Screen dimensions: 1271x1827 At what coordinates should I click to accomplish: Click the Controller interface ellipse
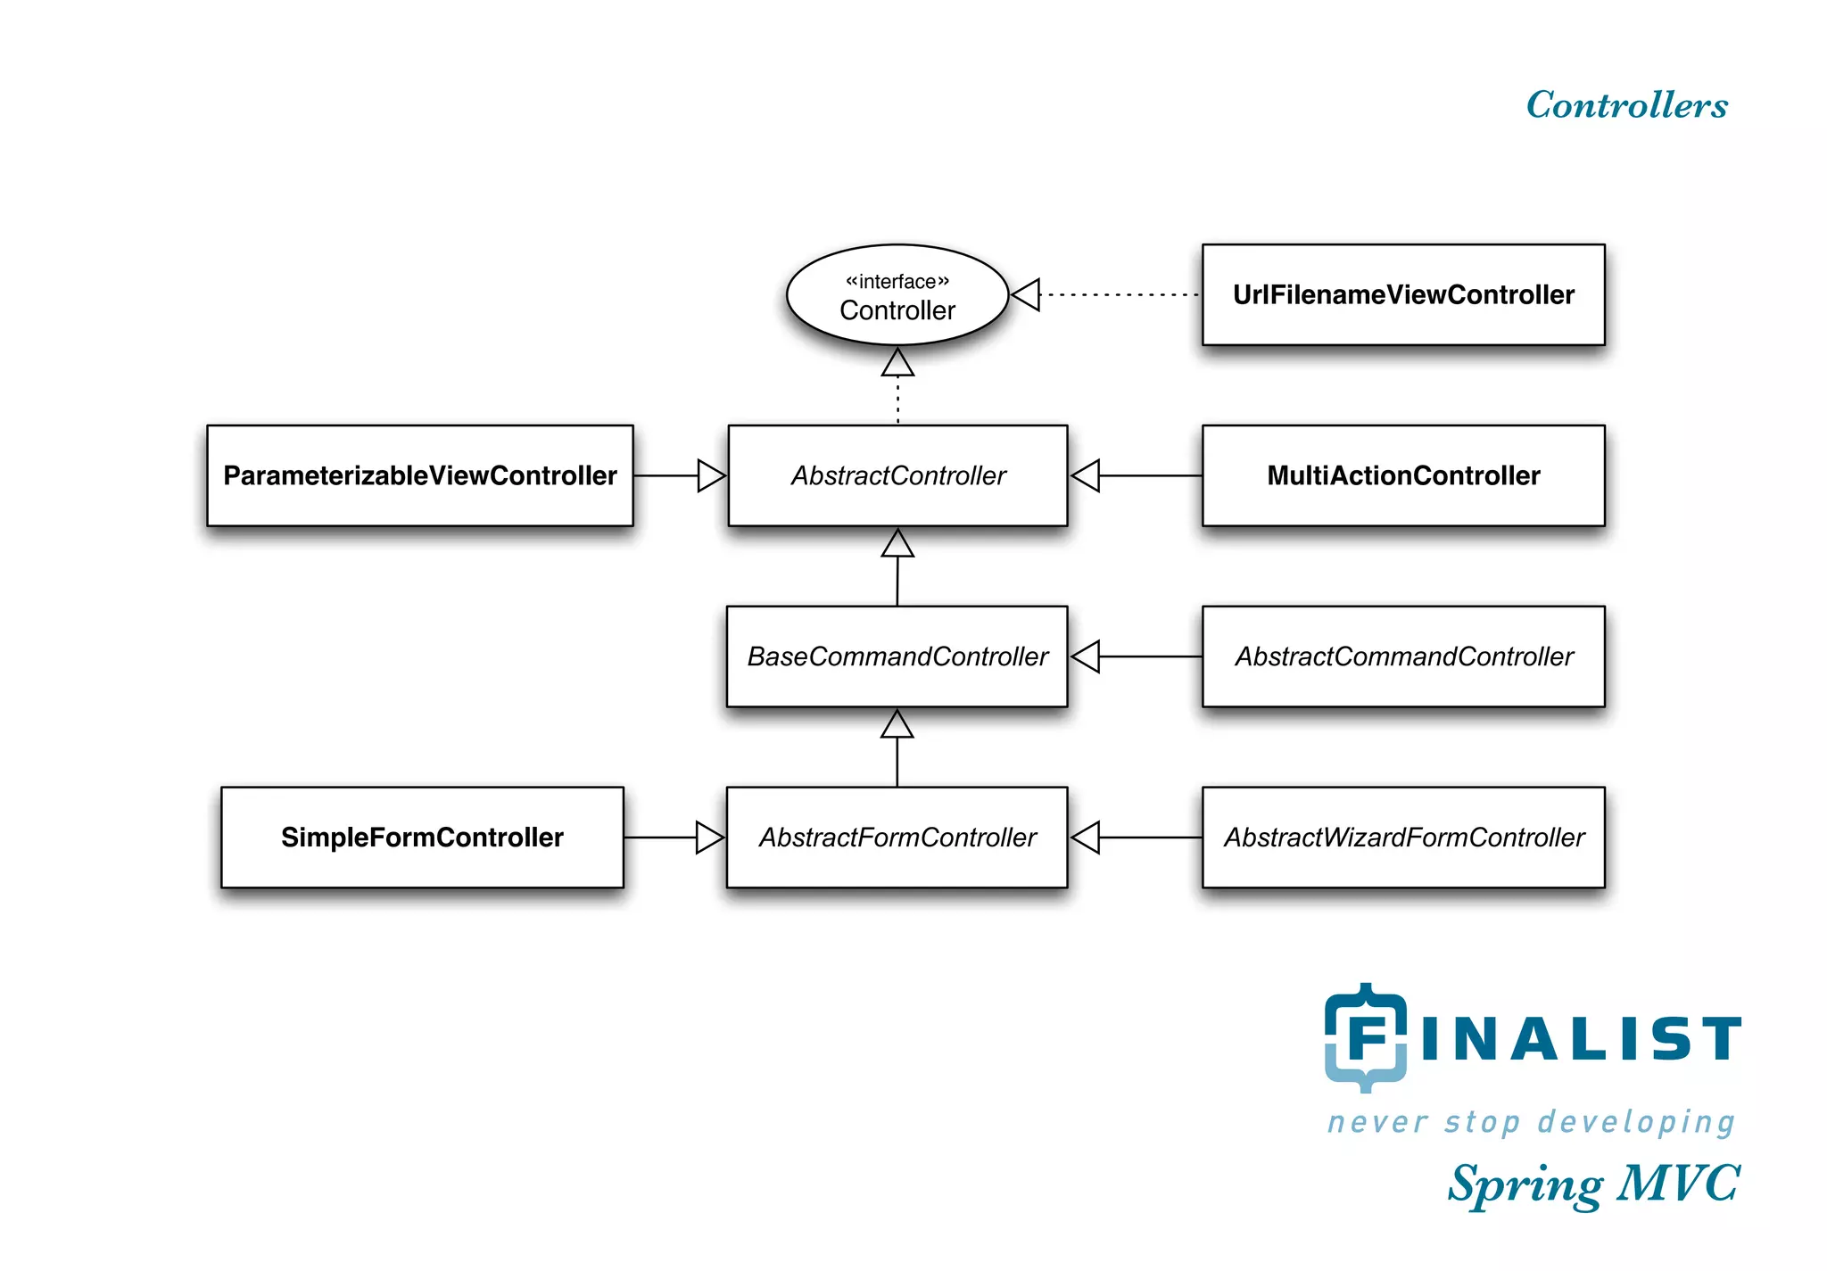897,295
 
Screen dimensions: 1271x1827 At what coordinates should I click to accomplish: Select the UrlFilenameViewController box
1403,295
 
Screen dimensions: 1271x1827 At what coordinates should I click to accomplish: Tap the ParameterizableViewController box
420,475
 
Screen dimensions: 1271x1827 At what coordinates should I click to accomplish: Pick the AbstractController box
897,475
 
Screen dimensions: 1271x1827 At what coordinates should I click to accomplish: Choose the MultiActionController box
1403,475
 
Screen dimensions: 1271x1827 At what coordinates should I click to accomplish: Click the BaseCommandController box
897,656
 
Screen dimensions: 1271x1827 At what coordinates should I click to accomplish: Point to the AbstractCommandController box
1403,656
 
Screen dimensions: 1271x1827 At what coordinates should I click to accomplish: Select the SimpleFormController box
422,838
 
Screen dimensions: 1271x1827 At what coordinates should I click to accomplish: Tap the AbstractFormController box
897,838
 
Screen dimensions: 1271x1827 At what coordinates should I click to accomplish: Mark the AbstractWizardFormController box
1403,838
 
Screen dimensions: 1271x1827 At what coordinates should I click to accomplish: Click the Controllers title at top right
1626,105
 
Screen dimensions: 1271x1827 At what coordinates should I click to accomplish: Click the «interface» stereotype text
897,282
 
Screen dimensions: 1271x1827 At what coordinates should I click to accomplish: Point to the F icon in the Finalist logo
1366,1037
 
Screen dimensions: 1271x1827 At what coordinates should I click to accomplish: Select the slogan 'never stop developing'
1531,1122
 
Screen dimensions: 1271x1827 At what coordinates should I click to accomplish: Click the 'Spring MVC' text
1593,1184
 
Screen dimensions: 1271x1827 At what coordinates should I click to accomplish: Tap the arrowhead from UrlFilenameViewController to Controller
1026,295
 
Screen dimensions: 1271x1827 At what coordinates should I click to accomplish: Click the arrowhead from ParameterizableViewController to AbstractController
711,475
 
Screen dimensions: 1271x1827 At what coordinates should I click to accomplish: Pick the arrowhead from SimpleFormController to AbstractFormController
709,838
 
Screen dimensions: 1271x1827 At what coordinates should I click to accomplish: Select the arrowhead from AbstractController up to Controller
897,363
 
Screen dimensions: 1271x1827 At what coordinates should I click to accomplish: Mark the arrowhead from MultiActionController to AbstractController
1086,475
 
